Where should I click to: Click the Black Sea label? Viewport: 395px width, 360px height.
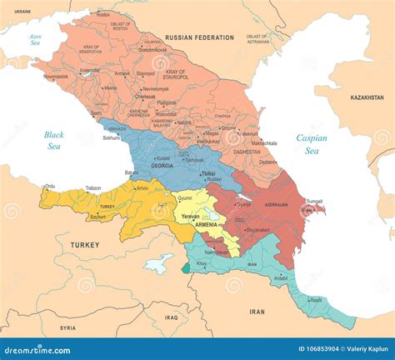pos(53,139)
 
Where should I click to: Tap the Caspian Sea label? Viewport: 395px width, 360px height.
pos(312,144)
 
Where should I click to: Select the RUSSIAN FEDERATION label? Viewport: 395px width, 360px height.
pos(200,37)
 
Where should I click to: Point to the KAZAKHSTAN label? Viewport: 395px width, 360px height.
pos(367,97)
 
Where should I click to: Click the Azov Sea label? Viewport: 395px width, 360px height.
pos(36,39)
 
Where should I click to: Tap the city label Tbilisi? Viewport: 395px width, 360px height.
pos(208,173)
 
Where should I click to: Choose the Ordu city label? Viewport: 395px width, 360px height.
pos(50,186)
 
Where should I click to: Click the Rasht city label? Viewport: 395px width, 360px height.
pos(316,301)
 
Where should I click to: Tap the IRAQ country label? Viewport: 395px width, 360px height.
pos(172,317)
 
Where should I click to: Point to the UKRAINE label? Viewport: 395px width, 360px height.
pos(22,11)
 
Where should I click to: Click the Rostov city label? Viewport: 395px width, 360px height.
pos(103,15)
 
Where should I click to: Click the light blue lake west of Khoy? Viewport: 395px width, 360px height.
pos(158,264)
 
